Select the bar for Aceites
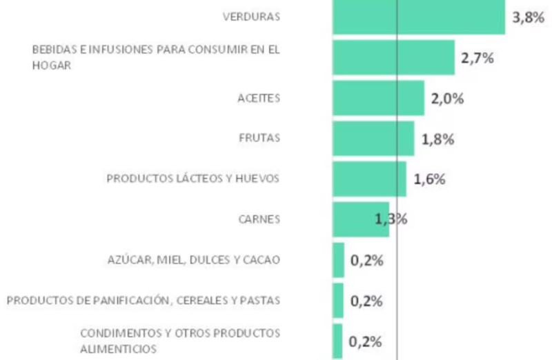pyautogui.click(x=378, y=98)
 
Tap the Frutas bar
pyautogui.click(x=373, y=139)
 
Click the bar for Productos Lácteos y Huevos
pyautogui.click(x=369, y=179)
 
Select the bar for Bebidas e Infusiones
pyautogui.click(x=393, y=57)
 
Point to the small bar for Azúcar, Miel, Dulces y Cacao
pyautogui.click(x=338, y=260)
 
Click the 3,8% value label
pyautogui.click(x=529, y=18)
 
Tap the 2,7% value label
pyautogui.click(x=477, y=58)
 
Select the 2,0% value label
pyautogui.click(x=447, y=98)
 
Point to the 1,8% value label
pyautogui.click(x=437, y=139)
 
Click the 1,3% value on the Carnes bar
pyautogui.click(x=391, y=219)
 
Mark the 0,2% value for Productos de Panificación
pyautogui.click(x=367, y=301)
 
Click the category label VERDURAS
pyautogui.click(x=251, y=17)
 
